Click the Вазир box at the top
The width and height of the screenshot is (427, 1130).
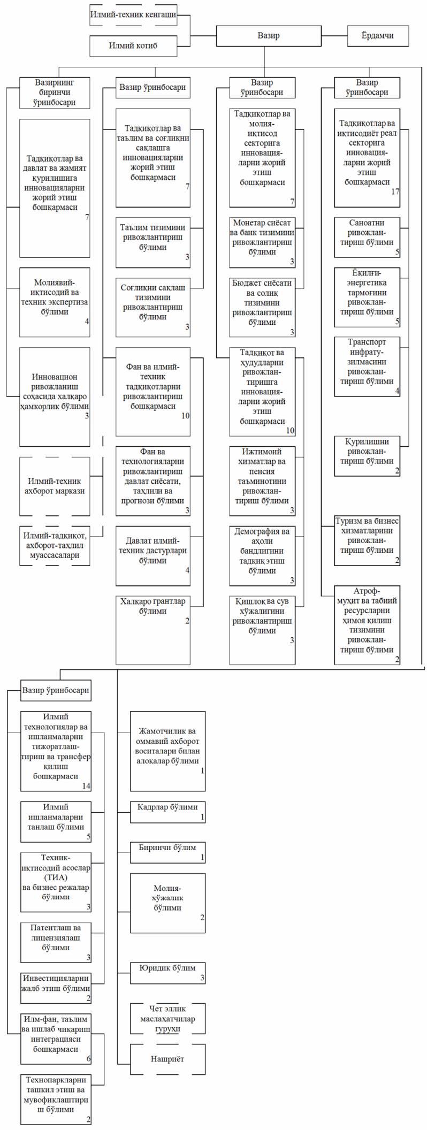coord(268,36)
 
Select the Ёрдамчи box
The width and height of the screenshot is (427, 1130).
coord(378,36)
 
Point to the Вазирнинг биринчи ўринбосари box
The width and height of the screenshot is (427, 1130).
coord(55,93)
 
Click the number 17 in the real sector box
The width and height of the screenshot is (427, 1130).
coord(395,192)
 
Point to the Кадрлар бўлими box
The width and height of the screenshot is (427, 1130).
coord(167,812)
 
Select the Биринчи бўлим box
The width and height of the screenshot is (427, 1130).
coord(167,852)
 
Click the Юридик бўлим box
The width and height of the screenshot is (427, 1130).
coord(167,973)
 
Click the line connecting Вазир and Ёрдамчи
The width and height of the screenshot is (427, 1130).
coord(334,36)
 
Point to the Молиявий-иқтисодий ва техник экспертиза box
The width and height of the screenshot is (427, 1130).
coord(55,302)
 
